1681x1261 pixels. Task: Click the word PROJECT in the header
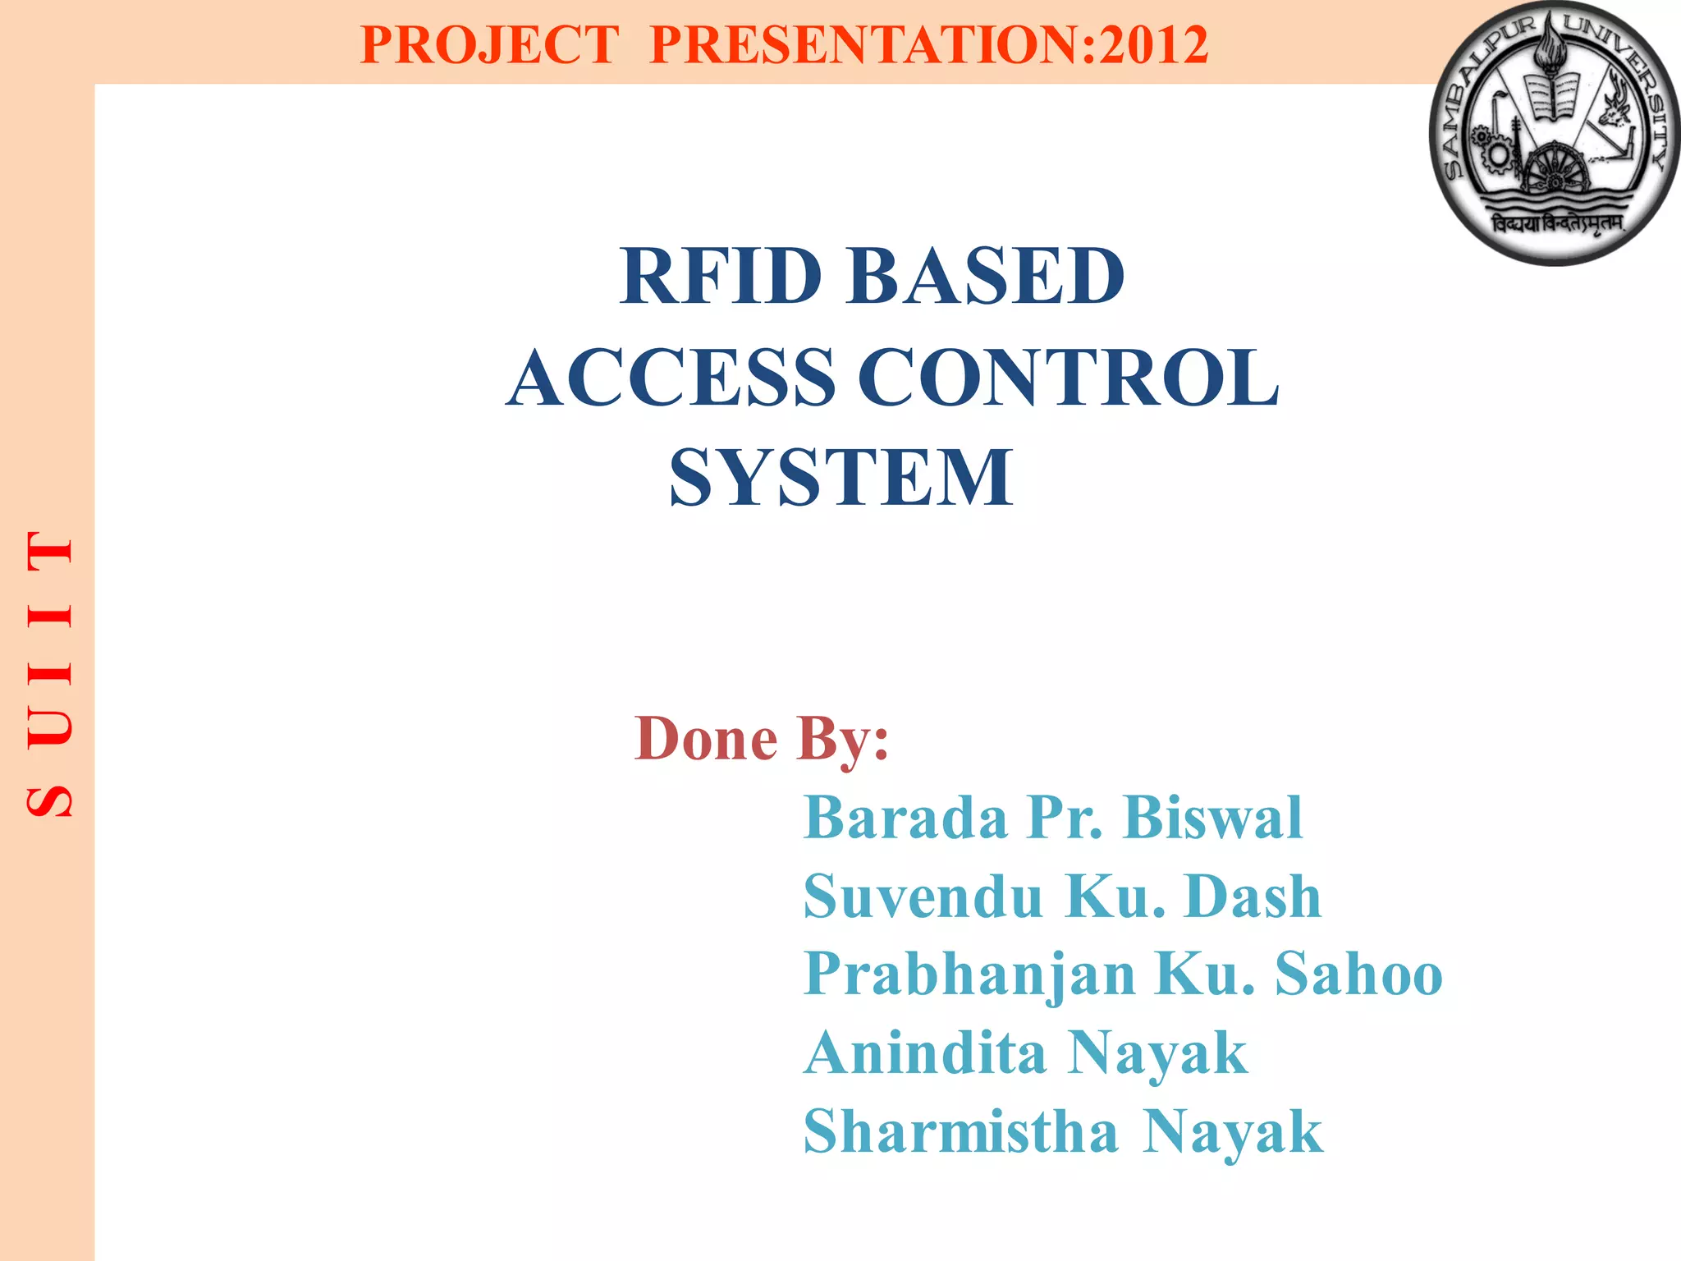click(x=489, y=44)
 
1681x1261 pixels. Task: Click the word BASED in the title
click(x=985, y=277)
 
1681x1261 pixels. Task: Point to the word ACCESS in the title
click(x=671, y=378)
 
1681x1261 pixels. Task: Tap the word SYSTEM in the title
click(x=841, y=478)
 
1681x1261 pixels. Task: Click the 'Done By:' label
click(x=761, y=739)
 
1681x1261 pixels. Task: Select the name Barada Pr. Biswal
click(x=1052, y=818)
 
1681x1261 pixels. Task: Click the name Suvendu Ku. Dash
click(x=1062, y=896)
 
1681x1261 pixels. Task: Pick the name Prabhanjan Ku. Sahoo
click(x=1122, y=974)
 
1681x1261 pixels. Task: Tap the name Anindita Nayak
click(x=1025, y=1052)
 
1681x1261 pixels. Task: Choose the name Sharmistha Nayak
click(x=1062, y=1131)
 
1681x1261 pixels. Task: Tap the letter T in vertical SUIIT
click(x=50, y=550)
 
